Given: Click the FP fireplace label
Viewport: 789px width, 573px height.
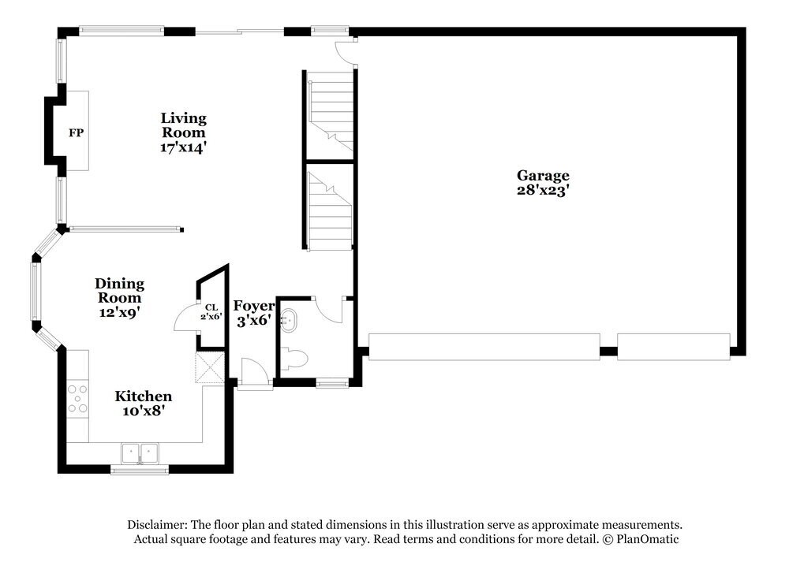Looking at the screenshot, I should (76, 133).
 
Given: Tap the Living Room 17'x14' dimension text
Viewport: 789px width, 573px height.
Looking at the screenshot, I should (183, 147).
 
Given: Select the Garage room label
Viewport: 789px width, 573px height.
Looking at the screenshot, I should (543, 176).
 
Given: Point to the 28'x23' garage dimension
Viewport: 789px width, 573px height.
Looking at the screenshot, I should (543, 190).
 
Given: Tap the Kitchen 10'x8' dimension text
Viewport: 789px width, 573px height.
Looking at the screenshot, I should (143, 411).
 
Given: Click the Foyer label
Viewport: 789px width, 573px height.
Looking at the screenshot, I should (253, 306).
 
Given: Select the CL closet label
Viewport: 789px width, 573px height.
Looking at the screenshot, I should (211, 308).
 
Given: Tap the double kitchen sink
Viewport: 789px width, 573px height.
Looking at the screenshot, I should (140, 453).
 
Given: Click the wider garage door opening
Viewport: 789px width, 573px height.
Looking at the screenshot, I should (484, 347).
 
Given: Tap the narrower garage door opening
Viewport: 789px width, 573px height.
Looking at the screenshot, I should (673, 347).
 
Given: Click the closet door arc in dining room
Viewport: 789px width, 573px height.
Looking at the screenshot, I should (185, 319).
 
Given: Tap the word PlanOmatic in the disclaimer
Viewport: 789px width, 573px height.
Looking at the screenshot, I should (647, 540).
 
